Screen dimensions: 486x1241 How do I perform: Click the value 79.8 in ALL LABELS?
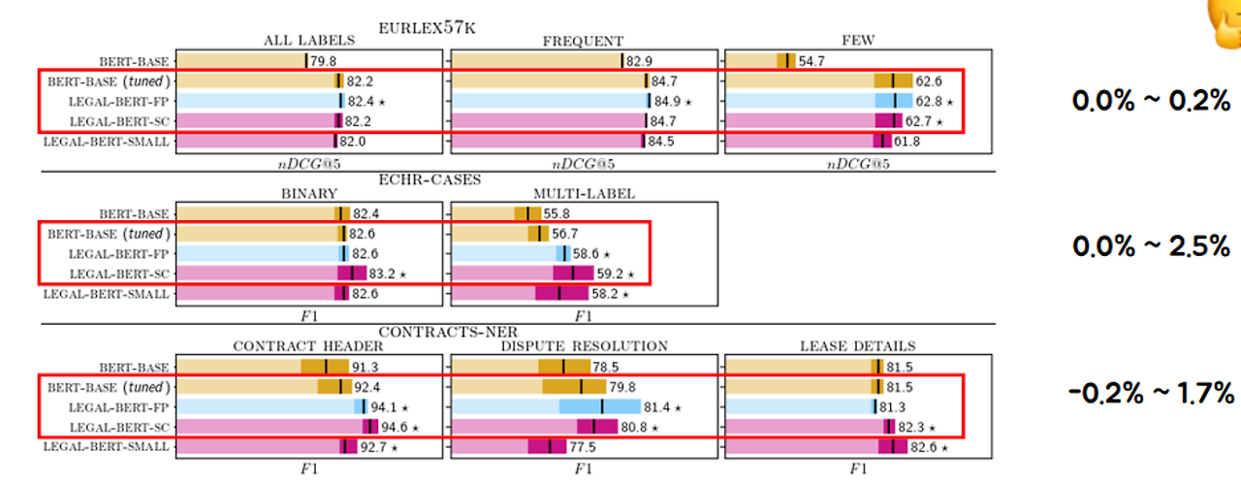pos(323,61)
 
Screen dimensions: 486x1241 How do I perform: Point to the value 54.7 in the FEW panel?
pos(811,61)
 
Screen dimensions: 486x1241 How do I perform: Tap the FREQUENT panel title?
pos(583,41)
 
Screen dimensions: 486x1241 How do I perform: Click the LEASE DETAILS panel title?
pos(858,346)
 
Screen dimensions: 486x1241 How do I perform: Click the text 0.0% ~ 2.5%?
pos(1151,246)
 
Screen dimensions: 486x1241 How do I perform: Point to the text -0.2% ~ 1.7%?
pos(1150,394)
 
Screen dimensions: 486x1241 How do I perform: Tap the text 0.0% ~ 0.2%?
pos(1151,100)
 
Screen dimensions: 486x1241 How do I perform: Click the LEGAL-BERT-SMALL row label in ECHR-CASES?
pos(107,292)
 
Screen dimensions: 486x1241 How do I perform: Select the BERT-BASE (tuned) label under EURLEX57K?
pos(108,81)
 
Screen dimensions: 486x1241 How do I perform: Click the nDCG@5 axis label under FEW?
pos(858,163)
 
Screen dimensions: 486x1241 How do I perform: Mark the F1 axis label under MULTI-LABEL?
pos(583,315)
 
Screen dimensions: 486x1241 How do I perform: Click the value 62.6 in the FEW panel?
pos(933,81)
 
